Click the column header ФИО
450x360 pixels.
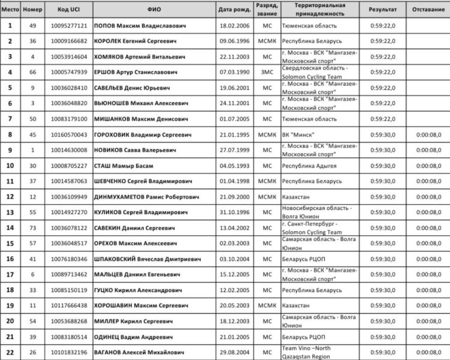click(x=154, y=10)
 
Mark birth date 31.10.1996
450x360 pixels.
click(x=233, y=212)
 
